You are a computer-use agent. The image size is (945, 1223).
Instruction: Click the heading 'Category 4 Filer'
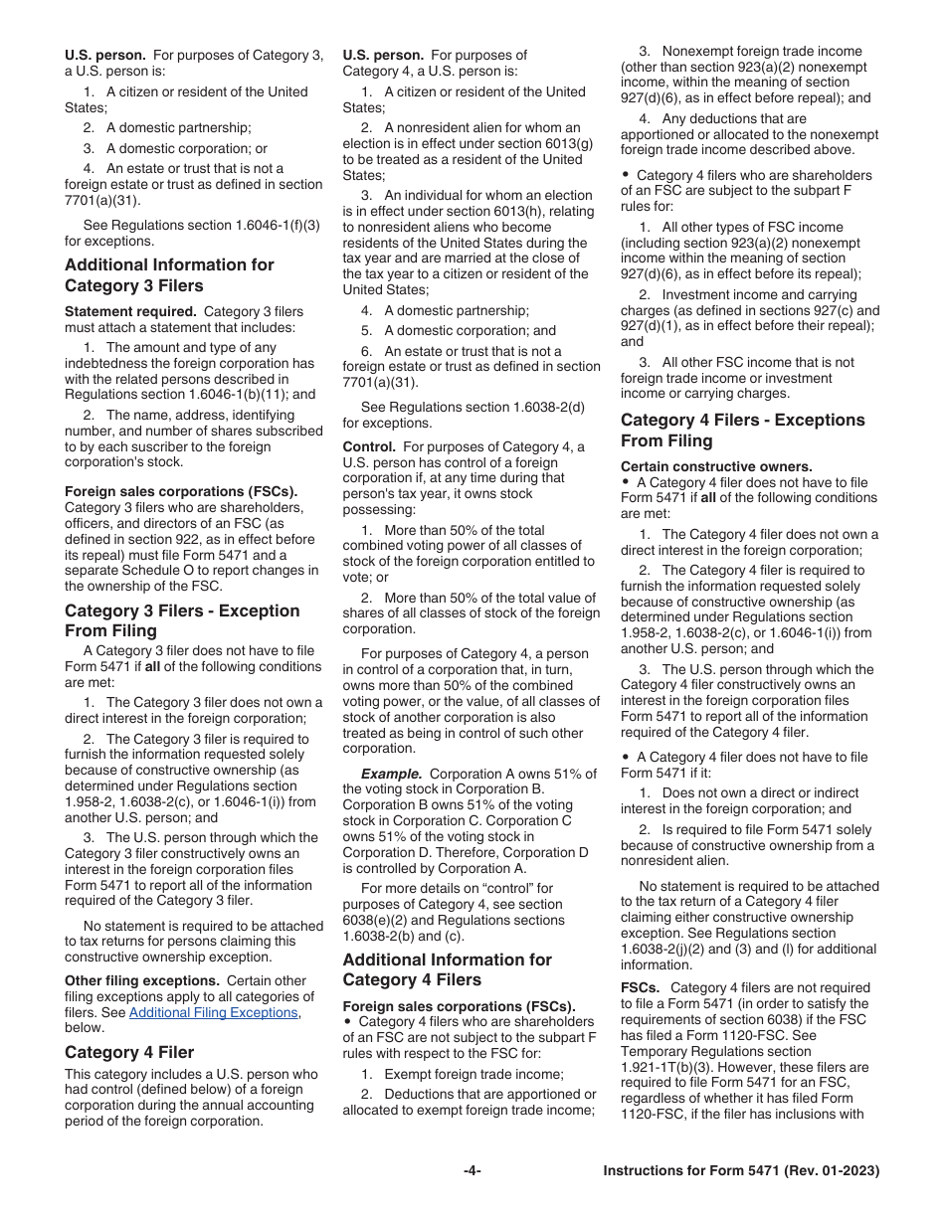pos(129,1052)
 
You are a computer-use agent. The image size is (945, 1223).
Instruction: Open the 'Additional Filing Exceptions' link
pos(213,1012)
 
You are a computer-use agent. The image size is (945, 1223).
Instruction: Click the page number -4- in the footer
pos(472,1171)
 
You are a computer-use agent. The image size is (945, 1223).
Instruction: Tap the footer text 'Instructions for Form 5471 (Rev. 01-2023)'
pos(741,1171)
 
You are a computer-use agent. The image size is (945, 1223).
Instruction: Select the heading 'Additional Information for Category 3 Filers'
pos(169,275)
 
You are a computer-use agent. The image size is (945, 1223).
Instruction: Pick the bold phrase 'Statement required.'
pos(130,312)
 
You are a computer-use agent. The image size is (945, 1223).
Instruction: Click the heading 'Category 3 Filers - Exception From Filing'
pos(182,620)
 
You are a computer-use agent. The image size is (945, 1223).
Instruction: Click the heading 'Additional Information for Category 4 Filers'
pos(447,969)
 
